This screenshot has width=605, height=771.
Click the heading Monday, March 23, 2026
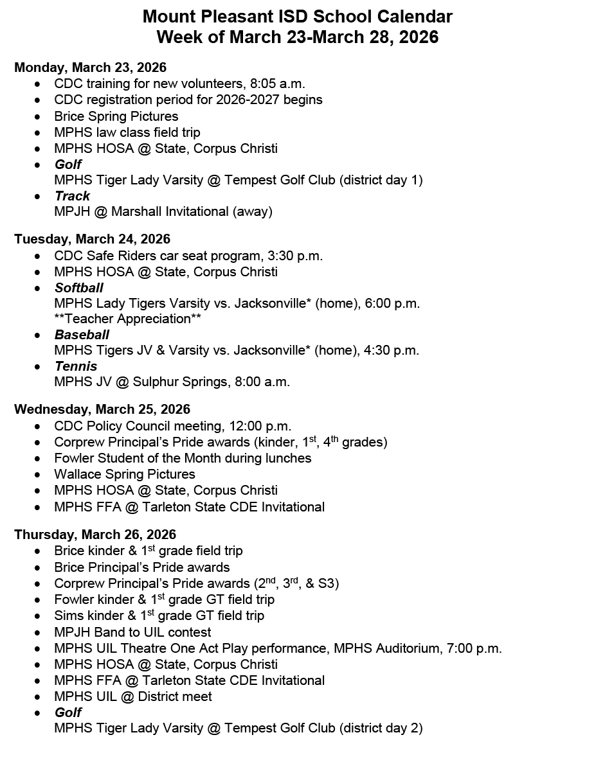coord(90,67)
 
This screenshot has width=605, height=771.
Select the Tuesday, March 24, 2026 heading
coord(92,239)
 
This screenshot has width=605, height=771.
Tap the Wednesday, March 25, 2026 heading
coord(102,409)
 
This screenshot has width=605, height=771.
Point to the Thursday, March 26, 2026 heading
coord(95,535)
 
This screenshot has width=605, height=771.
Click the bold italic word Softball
coord(78,287)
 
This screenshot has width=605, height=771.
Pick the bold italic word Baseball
coord(82,334)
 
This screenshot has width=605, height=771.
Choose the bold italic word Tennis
coord(76,366)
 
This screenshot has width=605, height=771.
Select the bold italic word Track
coord(72,196)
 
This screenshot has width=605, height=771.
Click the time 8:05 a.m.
coord(278,84)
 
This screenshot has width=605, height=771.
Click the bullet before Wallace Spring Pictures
coord(41,475)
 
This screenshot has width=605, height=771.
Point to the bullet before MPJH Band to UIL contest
coord(41,632)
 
